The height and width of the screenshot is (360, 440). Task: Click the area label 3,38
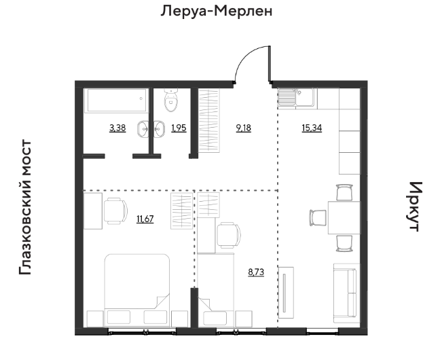point(117,128)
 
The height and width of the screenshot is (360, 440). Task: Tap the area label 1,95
point(179,128)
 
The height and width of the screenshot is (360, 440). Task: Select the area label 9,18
point(244,128)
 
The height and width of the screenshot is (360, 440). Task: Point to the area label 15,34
point(312,128)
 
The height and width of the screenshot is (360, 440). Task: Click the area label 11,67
point(145,219)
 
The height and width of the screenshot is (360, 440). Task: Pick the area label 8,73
point(256,272)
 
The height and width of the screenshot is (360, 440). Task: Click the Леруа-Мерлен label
point(217,12)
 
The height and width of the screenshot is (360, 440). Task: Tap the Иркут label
point(415,206)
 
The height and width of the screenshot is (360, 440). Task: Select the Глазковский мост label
point(25,207)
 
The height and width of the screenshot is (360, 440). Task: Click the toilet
point(171,100)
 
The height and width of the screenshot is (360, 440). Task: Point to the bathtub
point(116,101)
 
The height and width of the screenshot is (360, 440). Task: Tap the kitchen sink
point(296,97)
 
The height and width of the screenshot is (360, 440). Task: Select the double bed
point(137,290)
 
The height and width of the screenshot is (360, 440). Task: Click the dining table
point(344,217)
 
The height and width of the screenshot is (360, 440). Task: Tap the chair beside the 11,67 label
point(115,211)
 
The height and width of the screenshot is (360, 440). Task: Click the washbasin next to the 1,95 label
point(159,129)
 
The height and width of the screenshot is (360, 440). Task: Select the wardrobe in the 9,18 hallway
point(209,121)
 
